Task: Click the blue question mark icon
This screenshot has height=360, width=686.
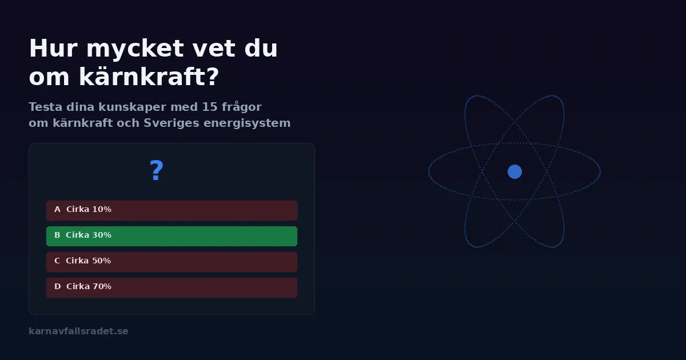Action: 156,171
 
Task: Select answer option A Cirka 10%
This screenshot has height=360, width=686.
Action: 171,210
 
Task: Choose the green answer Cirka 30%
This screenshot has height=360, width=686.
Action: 171,236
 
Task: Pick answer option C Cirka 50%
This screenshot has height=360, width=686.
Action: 171,262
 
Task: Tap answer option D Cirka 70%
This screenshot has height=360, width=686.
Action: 171,287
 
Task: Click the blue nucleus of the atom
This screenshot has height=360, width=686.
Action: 514,171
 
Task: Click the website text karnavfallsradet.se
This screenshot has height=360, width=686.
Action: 78,331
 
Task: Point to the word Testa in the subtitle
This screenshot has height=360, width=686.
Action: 45,107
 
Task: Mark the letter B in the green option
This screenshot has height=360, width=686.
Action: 57,235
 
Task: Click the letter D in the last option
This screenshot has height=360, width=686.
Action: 57,287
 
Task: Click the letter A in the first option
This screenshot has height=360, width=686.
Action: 57,210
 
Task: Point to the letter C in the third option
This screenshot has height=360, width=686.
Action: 57,261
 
